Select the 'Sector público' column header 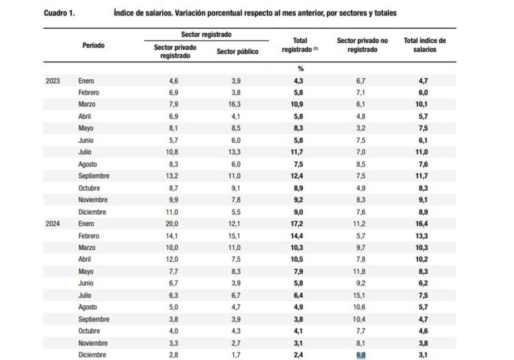(x=238, y=51)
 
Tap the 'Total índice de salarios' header (x=425, y=45)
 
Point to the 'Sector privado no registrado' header (x=362, y=45)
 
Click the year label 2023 (x=53, y=81)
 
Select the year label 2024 (x=53, y=223)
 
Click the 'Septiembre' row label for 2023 (x=94, y=175)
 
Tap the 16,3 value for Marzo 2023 (x=237, y=105)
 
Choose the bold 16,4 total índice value (x=424, y=223)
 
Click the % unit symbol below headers (x=300, y=68)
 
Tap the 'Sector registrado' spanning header (x=206, y=33)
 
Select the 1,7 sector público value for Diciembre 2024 (x=237, y=354)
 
